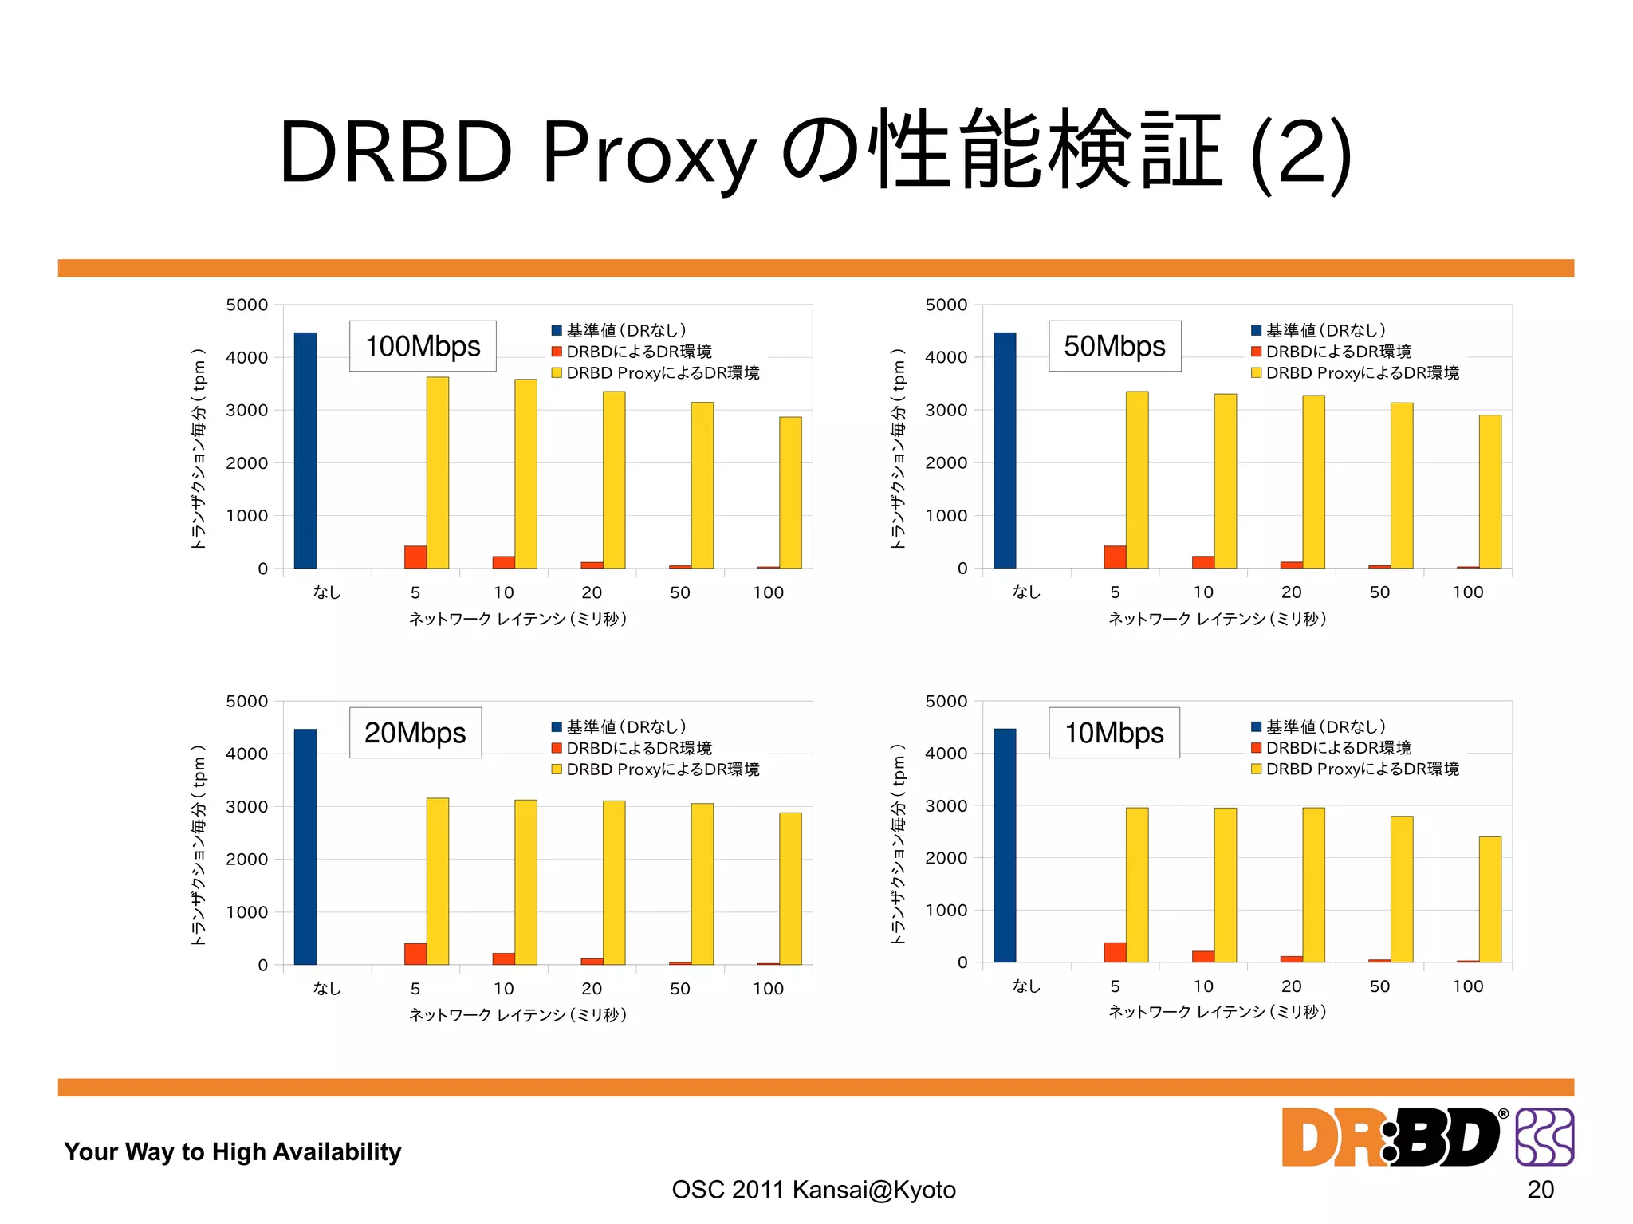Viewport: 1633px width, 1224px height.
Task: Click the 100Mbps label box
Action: click(423, 346)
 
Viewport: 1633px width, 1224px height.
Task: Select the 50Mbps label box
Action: click(1114, 346)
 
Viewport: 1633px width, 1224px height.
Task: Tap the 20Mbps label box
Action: click(415, 732)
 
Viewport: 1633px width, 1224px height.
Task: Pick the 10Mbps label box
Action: click(1114, 732)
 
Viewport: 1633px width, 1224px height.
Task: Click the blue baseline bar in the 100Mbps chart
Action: click(305, 451)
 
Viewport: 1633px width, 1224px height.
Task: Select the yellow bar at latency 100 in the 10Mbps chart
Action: click(1489, 899)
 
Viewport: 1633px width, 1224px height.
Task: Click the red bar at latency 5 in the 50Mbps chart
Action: click(1115, 557)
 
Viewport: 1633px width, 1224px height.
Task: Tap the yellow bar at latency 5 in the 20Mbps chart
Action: click(438, 881)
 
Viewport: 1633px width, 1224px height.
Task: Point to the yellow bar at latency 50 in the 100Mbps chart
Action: click(702, 485)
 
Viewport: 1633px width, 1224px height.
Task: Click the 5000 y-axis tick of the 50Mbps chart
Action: click(946, 305)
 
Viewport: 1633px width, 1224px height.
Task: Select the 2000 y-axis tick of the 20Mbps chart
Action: click(246, 859)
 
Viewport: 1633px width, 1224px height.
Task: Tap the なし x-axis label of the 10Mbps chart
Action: click(1026, 986)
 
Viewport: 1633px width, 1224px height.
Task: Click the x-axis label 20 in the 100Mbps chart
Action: click(592, 592)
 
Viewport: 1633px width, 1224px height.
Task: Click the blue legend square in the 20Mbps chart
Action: click(557, 726)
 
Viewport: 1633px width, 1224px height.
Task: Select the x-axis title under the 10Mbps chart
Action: click(1218, 1012)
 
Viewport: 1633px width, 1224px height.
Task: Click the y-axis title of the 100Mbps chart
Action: click(199, 448)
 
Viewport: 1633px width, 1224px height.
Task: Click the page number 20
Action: click(1540, 1189)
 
